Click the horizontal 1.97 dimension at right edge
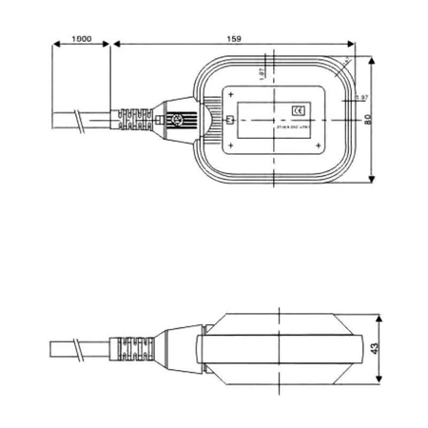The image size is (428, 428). [360, 98]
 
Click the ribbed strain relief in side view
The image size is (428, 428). [132, 349]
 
